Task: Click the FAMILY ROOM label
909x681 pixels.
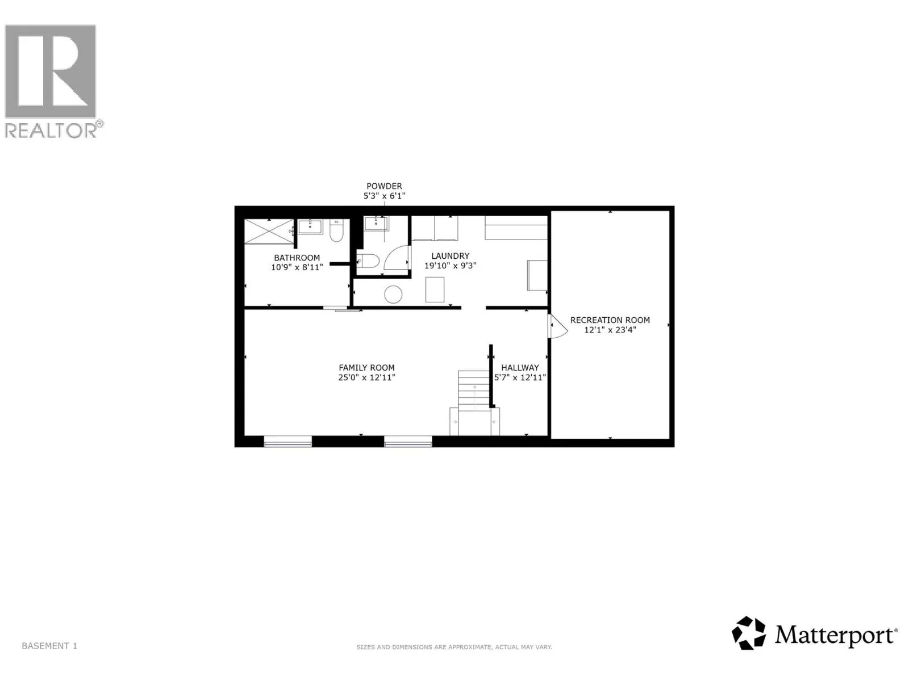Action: [x=366, y=368]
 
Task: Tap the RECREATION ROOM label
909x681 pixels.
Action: [x=610, y=320]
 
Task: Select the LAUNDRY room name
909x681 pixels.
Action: [x=450, y=256]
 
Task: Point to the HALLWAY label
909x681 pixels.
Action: [x=520, y=368]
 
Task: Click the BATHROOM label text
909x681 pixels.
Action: [x=297, y=258]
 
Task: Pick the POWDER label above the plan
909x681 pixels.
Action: [x=384, y=186]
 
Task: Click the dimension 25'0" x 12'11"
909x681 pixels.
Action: [x=366, y=377]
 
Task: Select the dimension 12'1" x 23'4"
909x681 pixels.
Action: [x=610, y=330]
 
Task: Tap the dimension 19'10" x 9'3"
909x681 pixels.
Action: [x=450, y=266]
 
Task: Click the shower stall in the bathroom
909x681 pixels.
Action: [x=269, y=231]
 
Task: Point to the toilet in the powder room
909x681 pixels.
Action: [x=368, y=261]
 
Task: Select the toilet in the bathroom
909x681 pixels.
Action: [x=336, y=230]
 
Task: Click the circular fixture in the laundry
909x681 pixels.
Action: [x=393, y=295]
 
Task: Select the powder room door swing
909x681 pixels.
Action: [x=397, y=258]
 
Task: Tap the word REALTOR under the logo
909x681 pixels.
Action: [x=51, y=130]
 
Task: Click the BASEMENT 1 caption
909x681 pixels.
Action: [x=49, y=646]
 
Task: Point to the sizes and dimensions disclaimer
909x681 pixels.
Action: [x=454, y=647]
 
